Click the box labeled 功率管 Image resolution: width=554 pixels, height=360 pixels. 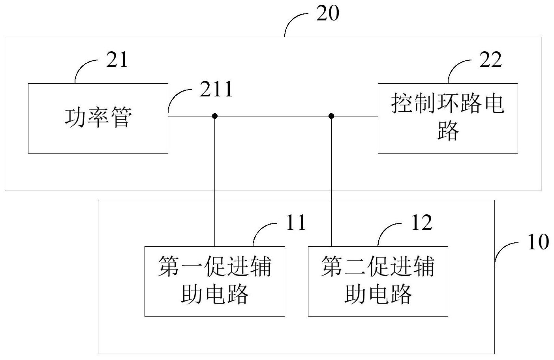(98, 118)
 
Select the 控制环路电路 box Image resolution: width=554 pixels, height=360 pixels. (447, 118)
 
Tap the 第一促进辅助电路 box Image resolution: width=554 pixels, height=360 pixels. (214, 281)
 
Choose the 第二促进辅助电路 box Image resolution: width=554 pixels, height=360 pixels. (377, 281)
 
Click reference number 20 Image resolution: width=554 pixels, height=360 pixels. (327, 14)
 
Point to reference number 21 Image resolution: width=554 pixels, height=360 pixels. (117, 60)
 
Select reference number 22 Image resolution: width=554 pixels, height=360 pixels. (490, 60)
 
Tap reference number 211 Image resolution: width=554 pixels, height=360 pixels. (216, 90)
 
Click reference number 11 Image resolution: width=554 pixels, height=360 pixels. (296, 223)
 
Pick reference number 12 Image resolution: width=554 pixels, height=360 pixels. (421, 223)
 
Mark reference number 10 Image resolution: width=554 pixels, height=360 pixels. (538, 242)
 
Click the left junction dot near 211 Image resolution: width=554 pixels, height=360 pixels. (214, 116)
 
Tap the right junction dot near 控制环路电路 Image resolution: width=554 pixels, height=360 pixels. (331, 116)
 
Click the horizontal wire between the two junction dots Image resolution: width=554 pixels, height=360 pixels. (272, 116)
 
